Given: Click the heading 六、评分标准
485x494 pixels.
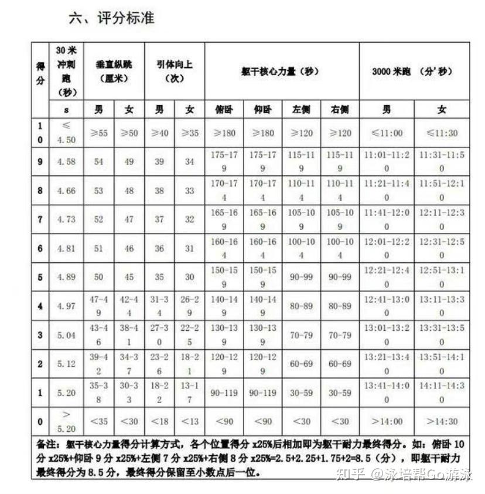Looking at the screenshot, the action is coord(111,18).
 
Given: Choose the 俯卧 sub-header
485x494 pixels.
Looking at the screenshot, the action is coord(224,109).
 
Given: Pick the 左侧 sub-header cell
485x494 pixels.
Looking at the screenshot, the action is coord(301,109).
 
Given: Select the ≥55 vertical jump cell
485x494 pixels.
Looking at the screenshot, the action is coord(99,133).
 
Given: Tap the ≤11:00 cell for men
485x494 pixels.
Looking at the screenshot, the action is coord(387,133).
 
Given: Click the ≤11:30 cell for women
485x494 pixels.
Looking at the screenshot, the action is coord(442,133).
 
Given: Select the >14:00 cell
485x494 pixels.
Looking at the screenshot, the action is coord(387,421).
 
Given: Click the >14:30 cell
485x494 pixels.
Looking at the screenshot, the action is coord(442,421).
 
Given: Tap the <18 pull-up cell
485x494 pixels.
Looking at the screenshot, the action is coord(159,421).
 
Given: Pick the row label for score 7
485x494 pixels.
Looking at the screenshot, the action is coord(40,219).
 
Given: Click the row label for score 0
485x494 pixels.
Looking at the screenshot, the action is coord(40,421).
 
